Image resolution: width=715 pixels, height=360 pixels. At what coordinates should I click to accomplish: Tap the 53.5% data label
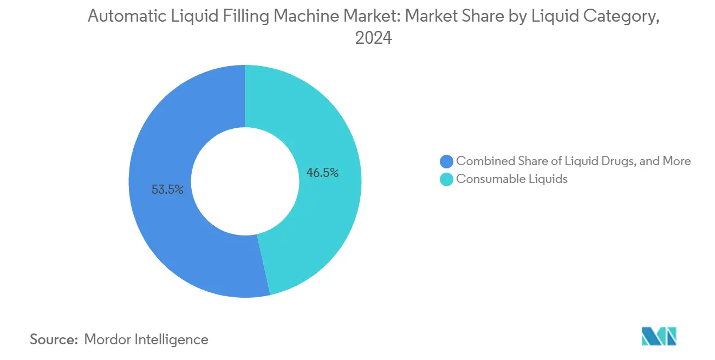tap(167, 189)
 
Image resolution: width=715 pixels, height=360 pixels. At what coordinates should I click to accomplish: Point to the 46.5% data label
tap(323, 173)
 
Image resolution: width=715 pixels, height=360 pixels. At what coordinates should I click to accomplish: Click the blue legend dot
tap(446, 161)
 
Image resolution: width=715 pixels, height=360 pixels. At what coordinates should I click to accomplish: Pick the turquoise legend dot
tap(446, 179)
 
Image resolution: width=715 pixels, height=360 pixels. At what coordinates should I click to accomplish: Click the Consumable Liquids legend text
tap(512, 179)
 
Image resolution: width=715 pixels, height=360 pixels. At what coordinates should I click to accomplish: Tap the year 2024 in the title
tap(373, 38)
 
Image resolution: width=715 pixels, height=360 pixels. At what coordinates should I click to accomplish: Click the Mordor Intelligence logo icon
tap(659, 336)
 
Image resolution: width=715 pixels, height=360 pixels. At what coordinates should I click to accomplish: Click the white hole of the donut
tap(245, 181)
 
